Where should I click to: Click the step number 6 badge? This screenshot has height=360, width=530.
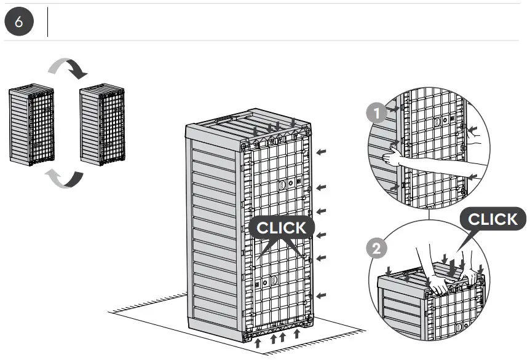tap(18, 22)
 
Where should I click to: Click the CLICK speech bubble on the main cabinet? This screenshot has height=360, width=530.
tap(280, 228)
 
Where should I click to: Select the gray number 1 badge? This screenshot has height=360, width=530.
tap(374, 112)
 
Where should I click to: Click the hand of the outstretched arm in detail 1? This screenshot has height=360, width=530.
tap(392, 160)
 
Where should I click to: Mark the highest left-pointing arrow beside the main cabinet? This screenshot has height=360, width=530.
tap(322, 151)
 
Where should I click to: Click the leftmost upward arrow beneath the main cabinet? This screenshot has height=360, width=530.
tap(258, 341)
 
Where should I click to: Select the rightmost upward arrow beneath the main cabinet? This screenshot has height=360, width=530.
tap(297, 334)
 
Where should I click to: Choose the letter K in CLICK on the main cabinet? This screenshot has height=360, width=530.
tap(299, 228)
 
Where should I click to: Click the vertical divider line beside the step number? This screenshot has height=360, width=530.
tap(48, 22)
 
